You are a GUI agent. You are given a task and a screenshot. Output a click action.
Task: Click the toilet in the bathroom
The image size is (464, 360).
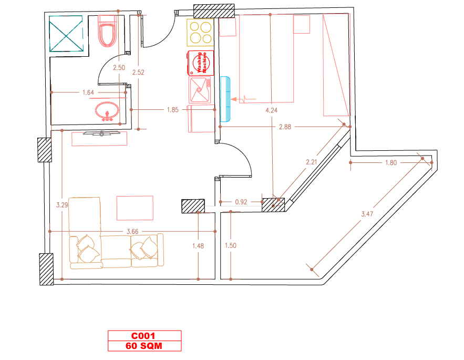click(107, 31)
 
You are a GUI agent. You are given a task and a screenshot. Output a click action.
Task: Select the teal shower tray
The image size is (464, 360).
click(66, 34)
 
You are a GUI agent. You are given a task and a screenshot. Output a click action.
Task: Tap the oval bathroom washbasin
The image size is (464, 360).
click(107, 111)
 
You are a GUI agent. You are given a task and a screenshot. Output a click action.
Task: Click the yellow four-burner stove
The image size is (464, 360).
click(200, 32)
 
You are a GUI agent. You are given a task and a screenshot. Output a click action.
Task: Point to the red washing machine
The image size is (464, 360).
click(200, 63)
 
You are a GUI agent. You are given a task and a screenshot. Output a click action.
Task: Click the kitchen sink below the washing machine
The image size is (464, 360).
click(200, 90)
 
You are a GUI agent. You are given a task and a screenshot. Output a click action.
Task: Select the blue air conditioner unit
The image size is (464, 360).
click(225, 99)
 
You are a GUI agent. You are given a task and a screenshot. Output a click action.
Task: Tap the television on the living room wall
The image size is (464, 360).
click(101, 133)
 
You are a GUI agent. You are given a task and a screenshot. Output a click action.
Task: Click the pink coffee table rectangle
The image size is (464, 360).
click(135, 208)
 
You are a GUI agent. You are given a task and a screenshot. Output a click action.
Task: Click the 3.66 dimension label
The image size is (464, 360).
click(132, 232)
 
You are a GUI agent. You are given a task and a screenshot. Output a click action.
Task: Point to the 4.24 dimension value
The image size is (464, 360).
click(271, 110)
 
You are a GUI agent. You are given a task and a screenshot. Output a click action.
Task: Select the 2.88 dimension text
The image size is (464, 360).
click(285, 127)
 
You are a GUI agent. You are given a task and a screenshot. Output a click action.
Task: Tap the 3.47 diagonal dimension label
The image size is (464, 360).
click(367, 214)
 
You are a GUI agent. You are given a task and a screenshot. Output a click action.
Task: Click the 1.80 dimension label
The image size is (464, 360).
click(391, 162)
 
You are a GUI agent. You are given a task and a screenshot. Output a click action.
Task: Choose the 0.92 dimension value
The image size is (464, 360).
click(241, 202)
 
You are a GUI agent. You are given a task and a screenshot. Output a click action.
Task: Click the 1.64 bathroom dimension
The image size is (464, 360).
click(88, 92)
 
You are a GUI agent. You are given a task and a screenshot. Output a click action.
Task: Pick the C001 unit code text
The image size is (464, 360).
click(143, 336)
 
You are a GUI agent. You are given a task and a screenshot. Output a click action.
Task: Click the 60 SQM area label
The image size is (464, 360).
click(144, 346)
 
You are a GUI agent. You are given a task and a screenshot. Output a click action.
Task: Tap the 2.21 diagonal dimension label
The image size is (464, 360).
click(311, 162)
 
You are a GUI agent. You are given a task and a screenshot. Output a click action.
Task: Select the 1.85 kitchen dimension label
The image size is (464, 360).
click(172, 110)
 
